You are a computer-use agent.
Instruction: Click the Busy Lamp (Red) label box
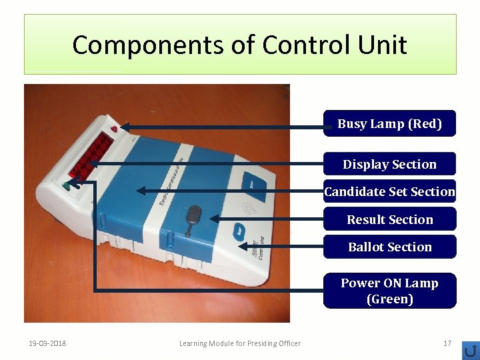coord(389,124)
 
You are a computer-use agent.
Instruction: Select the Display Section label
coord(389,165)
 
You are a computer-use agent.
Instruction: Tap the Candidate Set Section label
coord(389,192)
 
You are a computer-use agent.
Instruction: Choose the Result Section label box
coord(389,219)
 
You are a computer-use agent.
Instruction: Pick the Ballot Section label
coord(389,247)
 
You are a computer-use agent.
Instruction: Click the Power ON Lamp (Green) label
coord(389,291)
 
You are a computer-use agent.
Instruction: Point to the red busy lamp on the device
coord(115,127)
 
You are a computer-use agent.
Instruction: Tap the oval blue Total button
coord(237,231)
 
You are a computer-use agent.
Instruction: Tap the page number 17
coord(447,343)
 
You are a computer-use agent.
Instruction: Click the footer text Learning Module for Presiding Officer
coord(240,343)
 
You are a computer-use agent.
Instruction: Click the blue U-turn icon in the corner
coord(470,349)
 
